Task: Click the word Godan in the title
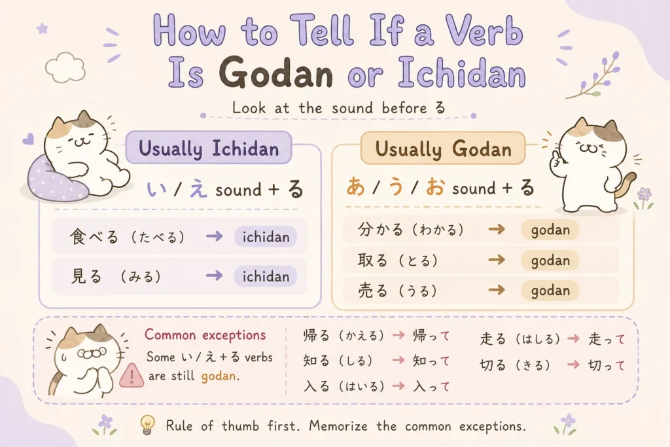(276, 73)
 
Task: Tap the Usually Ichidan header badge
(209, 148)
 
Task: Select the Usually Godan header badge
(443, 149)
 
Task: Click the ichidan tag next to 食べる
(266, 237)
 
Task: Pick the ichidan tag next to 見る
(266, 276)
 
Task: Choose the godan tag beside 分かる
(550, 230)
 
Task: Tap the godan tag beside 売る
(550, 291)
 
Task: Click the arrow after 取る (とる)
(497, 260)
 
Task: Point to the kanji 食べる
(94, 236)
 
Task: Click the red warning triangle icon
(132, 376)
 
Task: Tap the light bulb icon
(147, 425)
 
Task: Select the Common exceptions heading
(205, 334)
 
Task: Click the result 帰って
(431, 336)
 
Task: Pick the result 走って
(607, 339)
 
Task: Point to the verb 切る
(492, 365)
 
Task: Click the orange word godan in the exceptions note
(219, 376)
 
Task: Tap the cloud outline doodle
(65, 67)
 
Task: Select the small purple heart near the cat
(28, 139)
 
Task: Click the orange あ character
(355, 187)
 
